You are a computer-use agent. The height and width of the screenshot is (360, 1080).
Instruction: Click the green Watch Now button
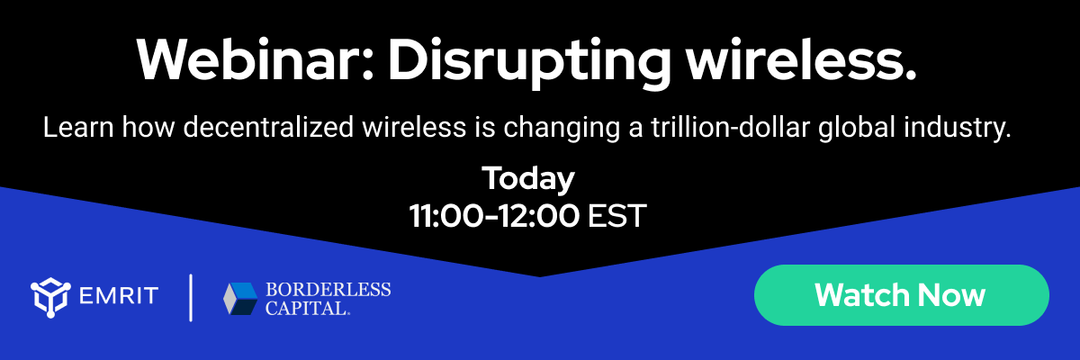(901, 294)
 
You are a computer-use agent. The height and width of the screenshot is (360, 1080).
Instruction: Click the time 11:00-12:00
(493, 216)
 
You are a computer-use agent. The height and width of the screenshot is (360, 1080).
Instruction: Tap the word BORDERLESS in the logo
(328, 289)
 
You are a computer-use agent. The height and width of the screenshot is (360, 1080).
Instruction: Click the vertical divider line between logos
(191, 298)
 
